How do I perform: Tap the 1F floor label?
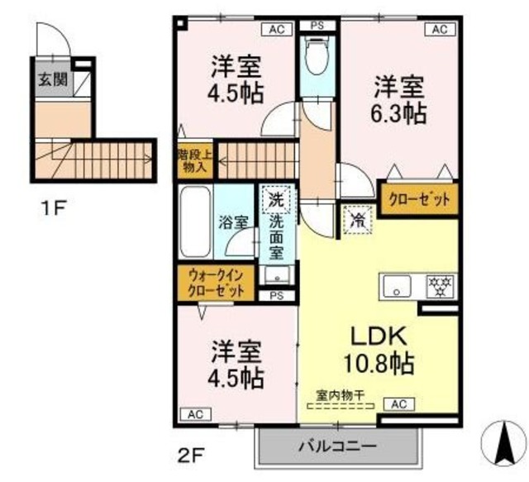55,208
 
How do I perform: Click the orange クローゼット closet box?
418,198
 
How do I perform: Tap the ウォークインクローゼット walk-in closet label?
216,284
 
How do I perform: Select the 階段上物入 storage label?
195,160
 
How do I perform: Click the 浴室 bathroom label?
234,222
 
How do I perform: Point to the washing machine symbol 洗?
276,199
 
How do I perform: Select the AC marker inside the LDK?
398,404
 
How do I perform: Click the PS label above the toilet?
316,26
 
